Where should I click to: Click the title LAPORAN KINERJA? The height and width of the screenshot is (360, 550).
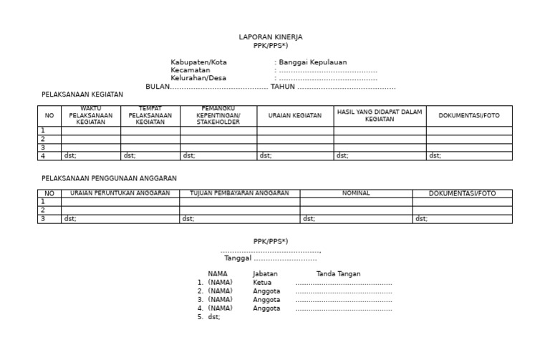[270, 37]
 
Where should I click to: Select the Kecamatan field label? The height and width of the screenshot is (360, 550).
[190, 71]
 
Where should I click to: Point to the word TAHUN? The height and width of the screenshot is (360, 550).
[282, 87]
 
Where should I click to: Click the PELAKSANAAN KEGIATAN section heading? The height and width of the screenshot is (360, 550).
[82, 94]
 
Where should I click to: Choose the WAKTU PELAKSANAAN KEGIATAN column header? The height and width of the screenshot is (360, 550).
[91, 115]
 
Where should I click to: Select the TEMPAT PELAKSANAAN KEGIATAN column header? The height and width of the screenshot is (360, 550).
[150, 115]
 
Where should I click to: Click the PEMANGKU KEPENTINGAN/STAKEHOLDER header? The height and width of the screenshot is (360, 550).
[218, 115]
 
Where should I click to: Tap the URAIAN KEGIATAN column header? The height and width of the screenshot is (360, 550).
[295, 115]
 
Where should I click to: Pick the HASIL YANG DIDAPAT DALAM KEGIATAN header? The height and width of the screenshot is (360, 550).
[380, 115]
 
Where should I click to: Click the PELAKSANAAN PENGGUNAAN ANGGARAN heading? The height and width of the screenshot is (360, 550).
[109, 178]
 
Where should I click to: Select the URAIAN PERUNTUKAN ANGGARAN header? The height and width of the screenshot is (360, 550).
[120, 193]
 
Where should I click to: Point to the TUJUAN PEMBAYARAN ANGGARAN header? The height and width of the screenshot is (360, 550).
[239, 193]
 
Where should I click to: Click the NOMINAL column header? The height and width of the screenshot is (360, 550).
[356, 193]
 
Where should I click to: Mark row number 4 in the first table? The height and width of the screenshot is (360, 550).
[43, 155]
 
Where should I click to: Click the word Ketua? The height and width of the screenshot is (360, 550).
[262, 283]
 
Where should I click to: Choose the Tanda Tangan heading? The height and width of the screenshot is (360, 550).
[338, 274]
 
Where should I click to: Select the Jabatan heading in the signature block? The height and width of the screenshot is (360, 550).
[265, 274]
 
